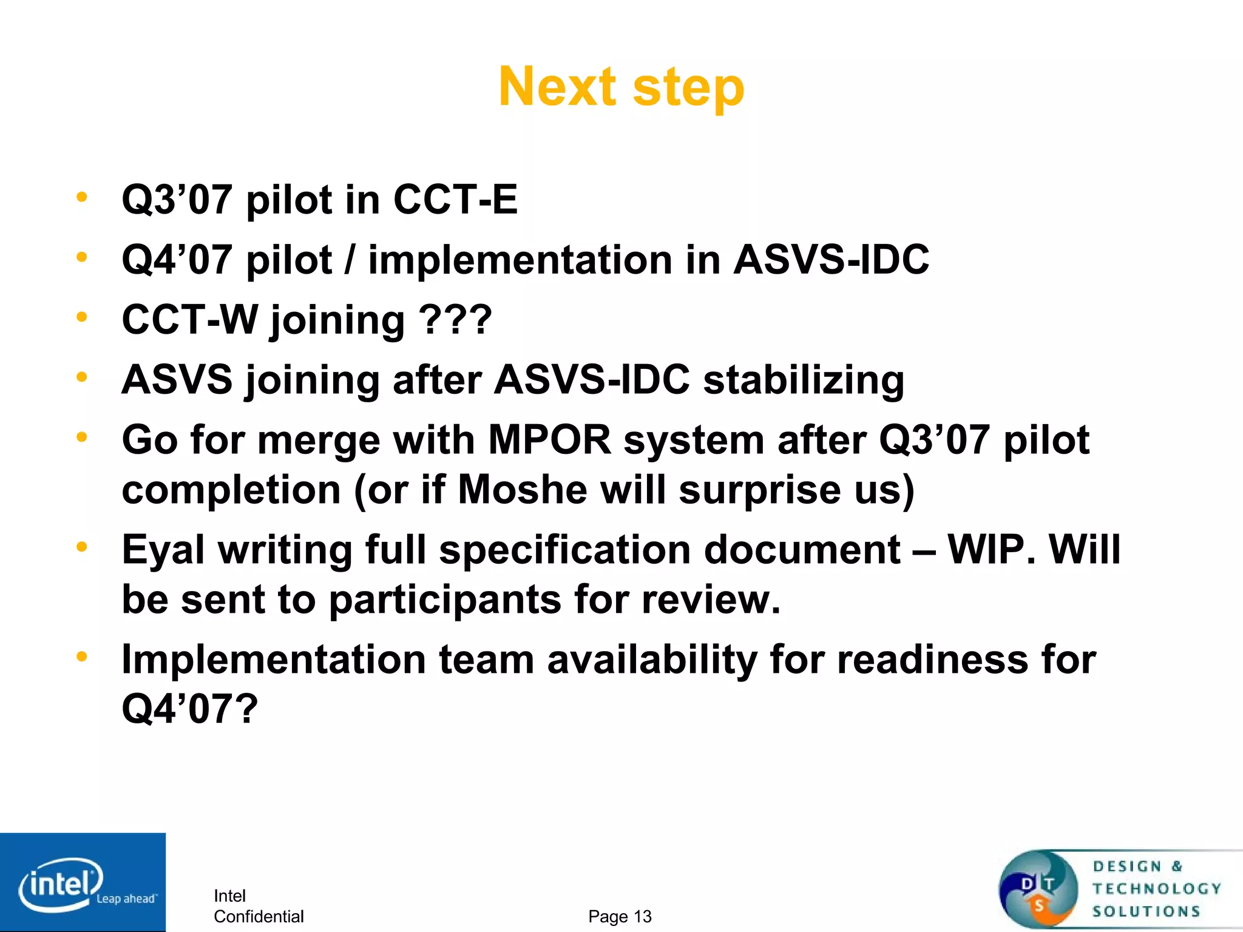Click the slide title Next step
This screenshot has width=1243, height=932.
point(621,87)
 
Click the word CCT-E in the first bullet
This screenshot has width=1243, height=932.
point(455,200)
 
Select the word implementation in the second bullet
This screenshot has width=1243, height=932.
point(520,260)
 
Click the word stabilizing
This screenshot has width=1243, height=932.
point(804,380)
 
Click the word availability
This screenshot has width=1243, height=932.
point(652,660)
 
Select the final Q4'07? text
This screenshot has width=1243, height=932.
point(190,709)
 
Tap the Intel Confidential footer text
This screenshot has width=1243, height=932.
point(258,906)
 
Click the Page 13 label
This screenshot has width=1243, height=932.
point(620,916)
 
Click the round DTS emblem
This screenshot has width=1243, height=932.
point(1038,890)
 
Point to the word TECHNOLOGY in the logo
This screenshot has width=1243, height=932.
point(1157,889)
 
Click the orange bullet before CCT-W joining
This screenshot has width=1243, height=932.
point(81,317)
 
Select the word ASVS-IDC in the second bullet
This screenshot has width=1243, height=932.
point(831,260)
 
